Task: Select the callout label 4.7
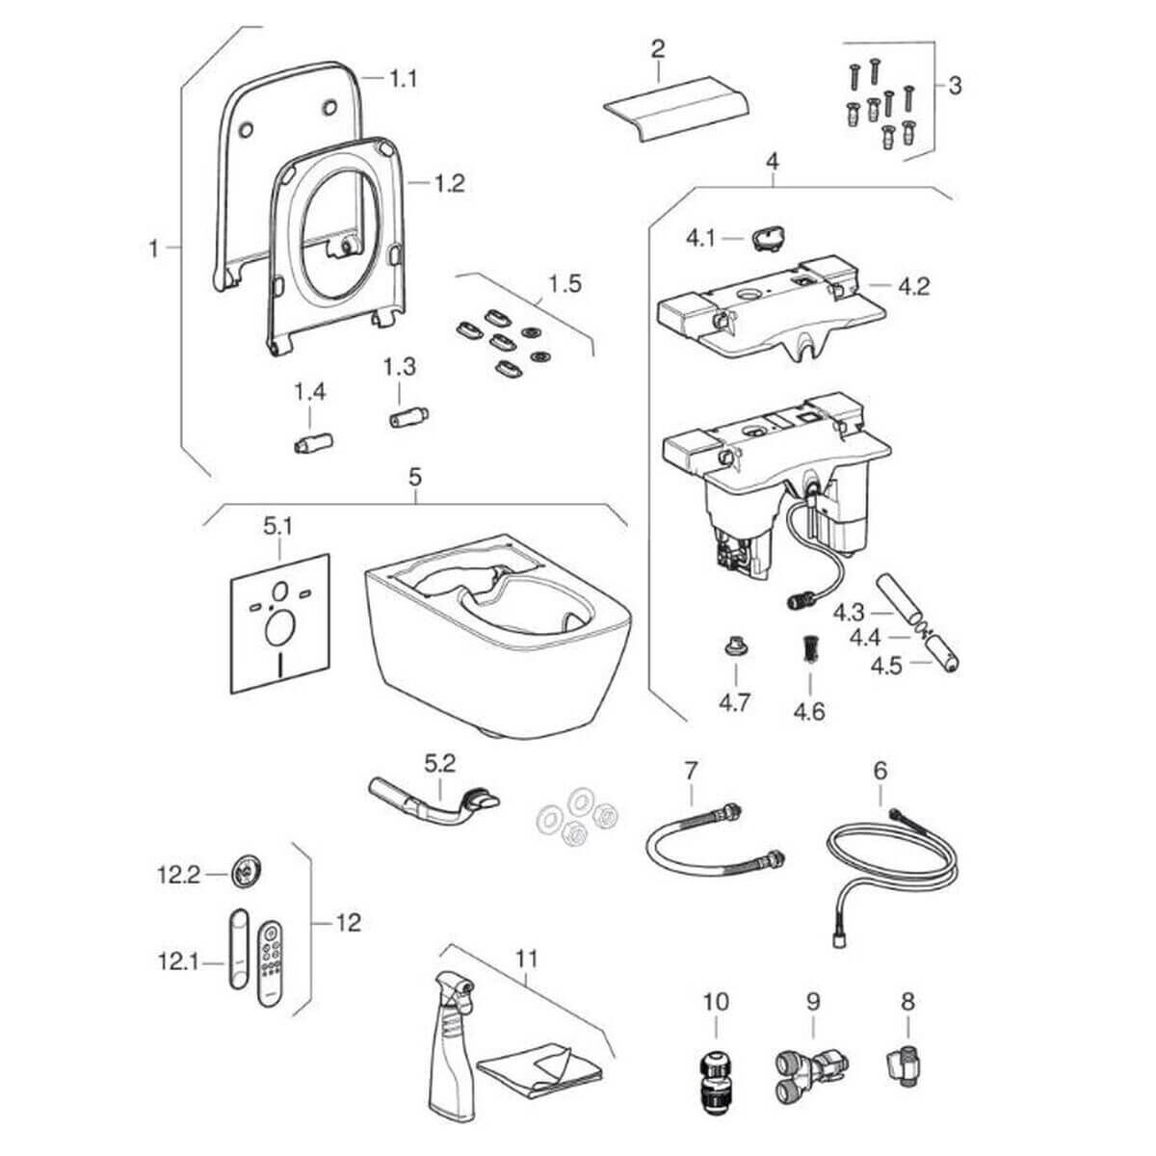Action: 734,701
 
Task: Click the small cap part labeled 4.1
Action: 768,236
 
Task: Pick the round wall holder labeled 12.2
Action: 246,875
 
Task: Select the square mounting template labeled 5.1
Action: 279,623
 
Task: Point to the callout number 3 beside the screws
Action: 954,85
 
